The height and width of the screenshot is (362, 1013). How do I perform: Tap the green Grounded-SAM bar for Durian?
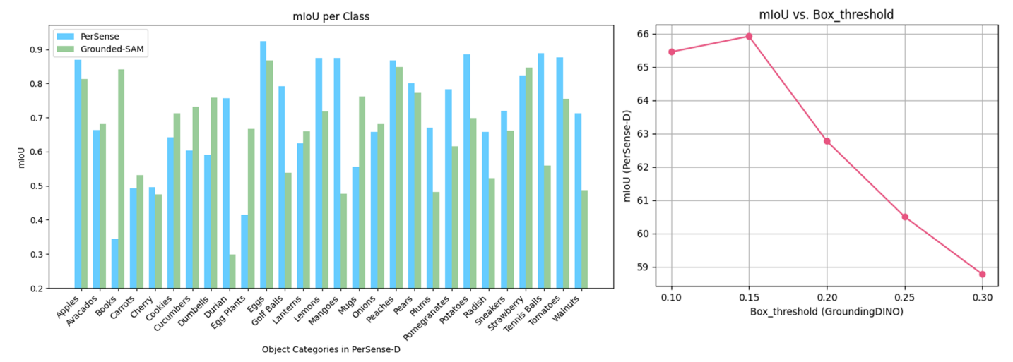point(232,271)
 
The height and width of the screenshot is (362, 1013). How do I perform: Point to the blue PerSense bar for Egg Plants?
point(244,251)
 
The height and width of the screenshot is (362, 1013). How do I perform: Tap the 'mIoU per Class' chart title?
point(333,15)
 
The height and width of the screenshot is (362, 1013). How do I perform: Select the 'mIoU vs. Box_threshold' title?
point(827,15)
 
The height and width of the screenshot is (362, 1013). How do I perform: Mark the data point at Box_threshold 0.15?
point(749,36)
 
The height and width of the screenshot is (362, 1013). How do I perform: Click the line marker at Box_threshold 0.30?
point(983,274)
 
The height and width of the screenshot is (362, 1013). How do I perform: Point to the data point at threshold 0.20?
point(827,141)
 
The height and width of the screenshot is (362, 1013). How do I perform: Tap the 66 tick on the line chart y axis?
point(643,34)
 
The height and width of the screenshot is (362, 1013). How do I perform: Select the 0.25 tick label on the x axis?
point(904,298)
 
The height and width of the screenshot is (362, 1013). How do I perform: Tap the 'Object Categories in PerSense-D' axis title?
point(333,349)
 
